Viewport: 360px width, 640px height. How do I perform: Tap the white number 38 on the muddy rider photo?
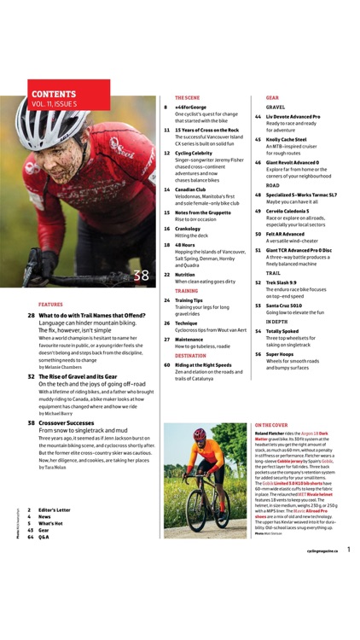point(142,275)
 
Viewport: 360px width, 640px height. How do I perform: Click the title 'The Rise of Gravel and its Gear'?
point(80,376)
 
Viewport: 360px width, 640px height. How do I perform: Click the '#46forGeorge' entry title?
point(191,108)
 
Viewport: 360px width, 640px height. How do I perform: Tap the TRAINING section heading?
point(186,290)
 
